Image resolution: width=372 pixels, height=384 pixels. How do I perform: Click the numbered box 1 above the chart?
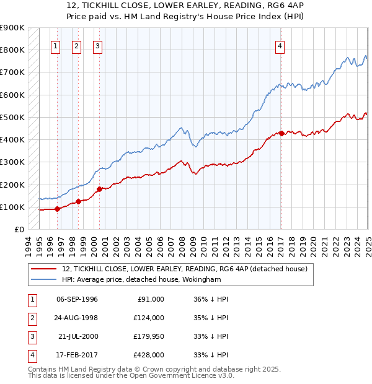pyautogui.click(x=56, y=45)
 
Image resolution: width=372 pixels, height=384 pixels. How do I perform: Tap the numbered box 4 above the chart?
pyautogui.click(x=280, y=45)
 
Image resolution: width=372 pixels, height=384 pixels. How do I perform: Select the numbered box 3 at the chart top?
pyautogui.click(x=98, y=45)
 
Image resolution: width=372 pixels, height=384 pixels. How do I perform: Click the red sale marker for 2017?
pyautogui.click(x=281, y=133)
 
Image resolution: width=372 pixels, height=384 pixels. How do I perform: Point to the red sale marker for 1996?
pyautogui.click(x=57, y=209)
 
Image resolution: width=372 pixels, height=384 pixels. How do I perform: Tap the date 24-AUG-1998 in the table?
pyautogui.click(x=77, y=318)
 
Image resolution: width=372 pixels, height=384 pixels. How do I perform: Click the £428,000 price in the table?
pyautogui.click(x=148, y=355)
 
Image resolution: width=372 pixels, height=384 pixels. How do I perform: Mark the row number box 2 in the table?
pyautogui.click(x=32, y=318)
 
